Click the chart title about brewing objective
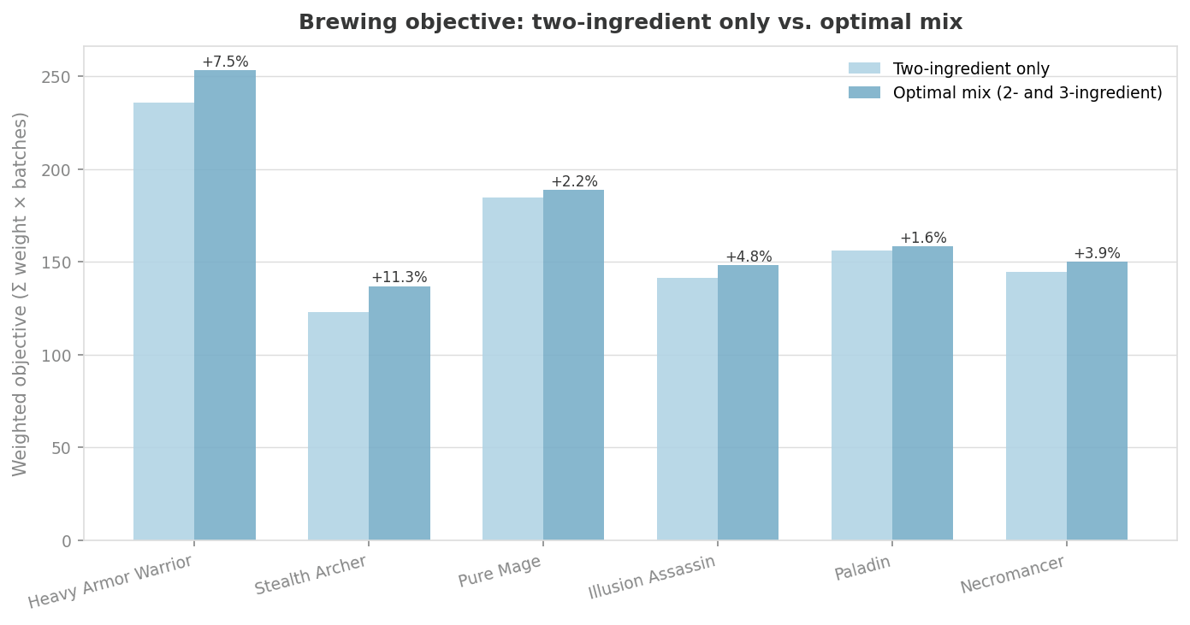point(630,23)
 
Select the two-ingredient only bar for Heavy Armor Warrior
point(164,321)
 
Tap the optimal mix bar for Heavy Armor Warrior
point(225,305)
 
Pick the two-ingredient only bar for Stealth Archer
point(339,426)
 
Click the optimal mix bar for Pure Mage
point(574,365)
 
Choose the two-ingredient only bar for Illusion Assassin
point(688,409)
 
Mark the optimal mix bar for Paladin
point(923,393)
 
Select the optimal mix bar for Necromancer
point(1098,401)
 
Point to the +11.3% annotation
point(399,278)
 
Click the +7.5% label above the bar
point(225,62)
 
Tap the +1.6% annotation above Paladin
point(923,239)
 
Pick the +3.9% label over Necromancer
point(1097,254)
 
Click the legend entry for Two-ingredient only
point(971,69)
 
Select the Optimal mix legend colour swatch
point(864,93)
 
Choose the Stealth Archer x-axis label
point(311,575)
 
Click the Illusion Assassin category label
point(652,578)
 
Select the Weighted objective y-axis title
point(21,293)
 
